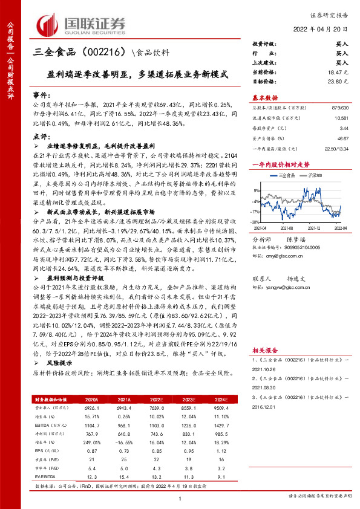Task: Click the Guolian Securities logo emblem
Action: tap(48, 24)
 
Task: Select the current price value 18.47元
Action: tap(339, 71)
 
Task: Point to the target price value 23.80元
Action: tap(339, 80)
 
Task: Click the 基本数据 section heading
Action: tap(265, 98)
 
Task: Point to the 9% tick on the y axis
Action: tap(256, 183)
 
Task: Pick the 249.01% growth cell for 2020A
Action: tap(93, 442)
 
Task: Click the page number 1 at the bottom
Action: tap(180, 499)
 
